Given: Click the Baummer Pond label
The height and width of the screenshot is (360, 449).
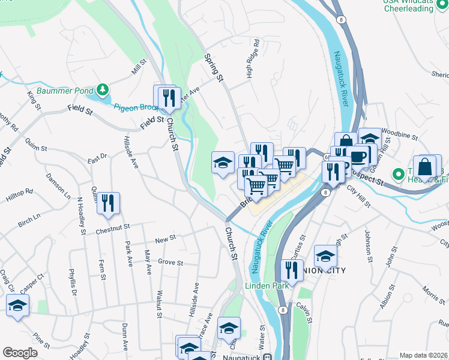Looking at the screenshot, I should [x=65, y=91].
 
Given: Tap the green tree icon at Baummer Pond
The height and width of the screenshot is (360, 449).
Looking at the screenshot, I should [x=103, y=90].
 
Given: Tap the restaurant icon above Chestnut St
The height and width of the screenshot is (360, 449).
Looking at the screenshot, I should [x=108, y=203].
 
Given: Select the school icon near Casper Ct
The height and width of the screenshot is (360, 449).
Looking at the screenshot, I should [x=17, y=305].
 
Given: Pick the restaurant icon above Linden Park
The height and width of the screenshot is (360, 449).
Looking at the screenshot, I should [x=292, y=269].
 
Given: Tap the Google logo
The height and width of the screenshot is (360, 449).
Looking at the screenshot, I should [x=20, y=353].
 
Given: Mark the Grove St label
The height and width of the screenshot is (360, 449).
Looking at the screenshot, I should [x=170, y=262].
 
